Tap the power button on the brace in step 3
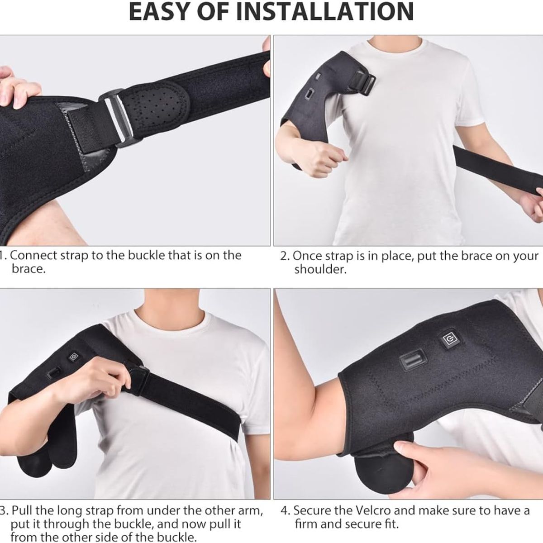72,357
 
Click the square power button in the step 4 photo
450,339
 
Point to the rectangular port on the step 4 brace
411,363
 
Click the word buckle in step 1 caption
148,255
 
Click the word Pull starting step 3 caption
21,511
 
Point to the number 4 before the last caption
284,511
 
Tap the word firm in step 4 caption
306,525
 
